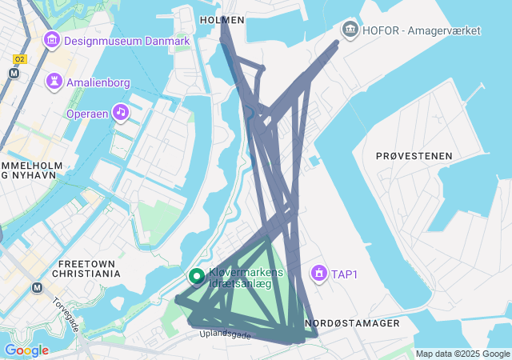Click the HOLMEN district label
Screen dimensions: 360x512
tap(221, 19)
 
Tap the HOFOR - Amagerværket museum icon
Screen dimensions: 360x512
tap(350, 30)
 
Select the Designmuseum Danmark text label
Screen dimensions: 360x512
tap(126, 41)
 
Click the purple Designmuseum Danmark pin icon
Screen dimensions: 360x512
tap(52, 39)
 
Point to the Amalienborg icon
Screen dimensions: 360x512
tap(54, 82)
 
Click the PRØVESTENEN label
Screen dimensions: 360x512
tap(414, 156)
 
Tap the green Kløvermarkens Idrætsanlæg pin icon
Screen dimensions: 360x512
tap(196, 277)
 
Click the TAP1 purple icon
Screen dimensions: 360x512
tap(319, 274)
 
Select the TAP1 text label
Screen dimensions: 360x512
tap(345, 275)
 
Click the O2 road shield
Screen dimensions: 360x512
tap(20, 58)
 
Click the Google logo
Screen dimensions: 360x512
tap(26, 350)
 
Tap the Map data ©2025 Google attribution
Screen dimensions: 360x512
tap(462, 354)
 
